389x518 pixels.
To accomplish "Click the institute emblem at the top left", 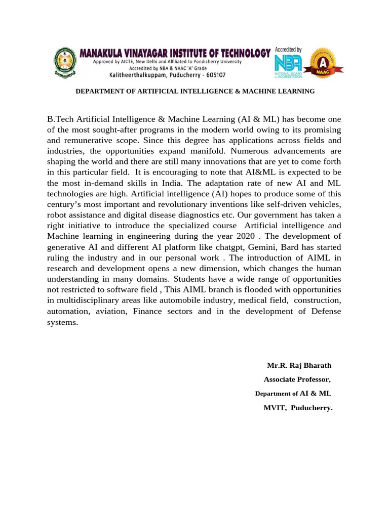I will point(64,63).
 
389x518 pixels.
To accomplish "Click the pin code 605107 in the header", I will point(213,74).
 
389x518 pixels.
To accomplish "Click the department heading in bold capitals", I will point(195,92).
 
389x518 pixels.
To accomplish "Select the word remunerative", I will point(89,140).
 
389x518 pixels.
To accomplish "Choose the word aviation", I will point(111,311).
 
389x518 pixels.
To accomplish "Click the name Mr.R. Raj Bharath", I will point(299,366).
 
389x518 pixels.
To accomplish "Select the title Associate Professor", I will point(297,379).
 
